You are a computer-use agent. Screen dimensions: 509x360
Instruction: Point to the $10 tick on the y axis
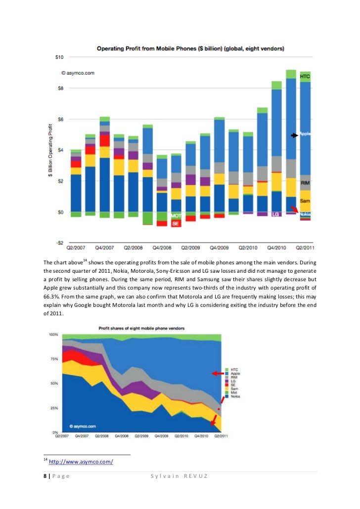(58, 57)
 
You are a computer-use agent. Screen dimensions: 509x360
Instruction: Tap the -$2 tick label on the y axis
(59, 243)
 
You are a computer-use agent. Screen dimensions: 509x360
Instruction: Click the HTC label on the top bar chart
(305, 77)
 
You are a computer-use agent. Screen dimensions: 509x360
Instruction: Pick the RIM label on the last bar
(305, 183)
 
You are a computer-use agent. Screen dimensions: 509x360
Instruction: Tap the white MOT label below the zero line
(176, 216)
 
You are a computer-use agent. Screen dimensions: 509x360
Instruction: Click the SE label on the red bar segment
(175, 224)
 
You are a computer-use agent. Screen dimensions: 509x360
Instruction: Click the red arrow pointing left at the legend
(217, 374)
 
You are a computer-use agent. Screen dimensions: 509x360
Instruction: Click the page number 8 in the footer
(45, 476)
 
